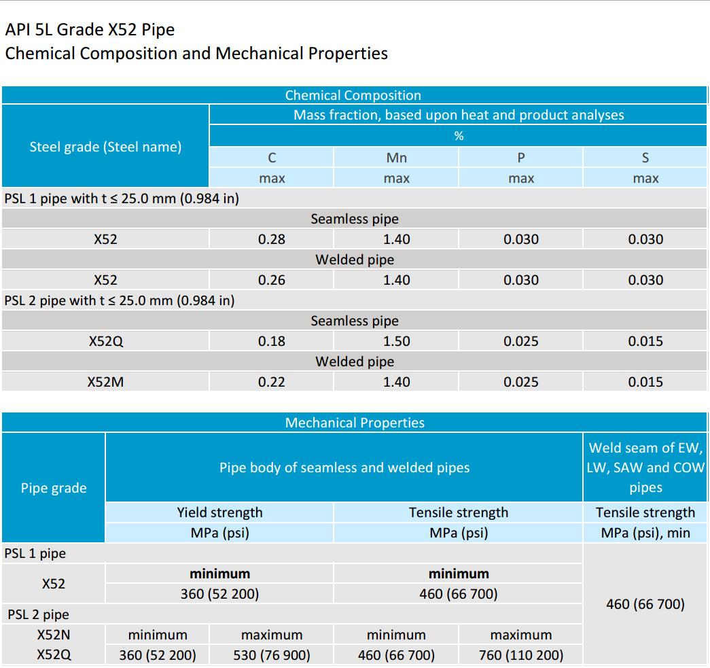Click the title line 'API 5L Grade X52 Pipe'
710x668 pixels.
coord(90,30)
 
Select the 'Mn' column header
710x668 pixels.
coord(396,158)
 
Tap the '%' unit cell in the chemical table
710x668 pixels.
coord(459,136)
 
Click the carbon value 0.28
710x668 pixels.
coord(272,239)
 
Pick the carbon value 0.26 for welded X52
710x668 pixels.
coord(272,280)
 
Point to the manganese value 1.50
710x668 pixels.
coord(396,341)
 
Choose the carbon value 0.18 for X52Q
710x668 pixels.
coord(272,341)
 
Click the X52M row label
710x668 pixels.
coord(105,382)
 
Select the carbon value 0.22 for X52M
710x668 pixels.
coord(272,382)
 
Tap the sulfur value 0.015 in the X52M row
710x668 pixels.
coord(645,382)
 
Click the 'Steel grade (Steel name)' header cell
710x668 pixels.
coord(105,147)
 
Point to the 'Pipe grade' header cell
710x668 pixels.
coord(54,488)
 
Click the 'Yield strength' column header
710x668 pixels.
coord(219,512)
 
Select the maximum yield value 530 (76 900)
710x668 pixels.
coord(272,655)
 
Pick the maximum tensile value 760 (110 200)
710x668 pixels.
coord(521,655)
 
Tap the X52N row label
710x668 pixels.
coord(54,635)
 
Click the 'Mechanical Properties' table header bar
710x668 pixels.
coord(355,423)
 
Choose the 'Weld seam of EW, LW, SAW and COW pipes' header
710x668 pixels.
coord(645,468)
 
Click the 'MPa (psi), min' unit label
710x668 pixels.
coord(645,533)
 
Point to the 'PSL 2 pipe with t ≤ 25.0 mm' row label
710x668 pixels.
coord(120,300)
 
